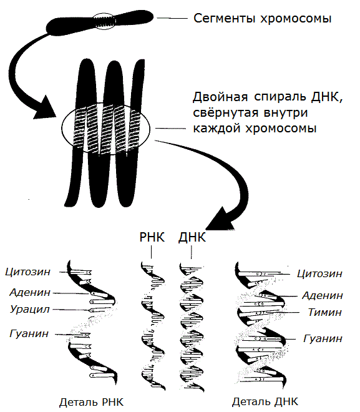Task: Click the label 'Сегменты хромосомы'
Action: (262, 19)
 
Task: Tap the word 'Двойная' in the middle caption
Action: (220, 97)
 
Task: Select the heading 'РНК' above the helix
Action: (152, 237)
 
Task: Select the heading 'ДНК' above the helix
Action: (192, 237)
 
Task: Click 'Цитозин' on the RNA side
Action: (28, 272)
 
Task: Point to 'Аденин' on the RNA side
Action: (30, 292)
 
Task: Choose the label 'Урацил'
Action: (30, 309)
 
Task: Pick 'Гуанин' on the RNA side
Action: (29, 333)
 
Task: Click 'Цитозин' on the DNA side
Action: (320, 274)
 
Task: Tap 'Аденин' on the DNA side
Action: (323, 296)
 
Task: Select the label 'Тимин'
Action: (325, 312)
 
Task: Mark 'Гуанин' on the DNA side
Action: (323, 338)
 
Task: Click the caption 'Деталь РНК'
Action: (91, 402)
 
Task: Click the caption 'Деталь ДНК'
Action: (265, 402)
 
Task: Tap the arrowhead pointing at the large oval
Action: (46, 108)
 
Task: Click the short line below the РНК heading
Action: (152, 252)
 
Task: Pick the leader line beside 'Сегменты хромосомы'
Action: (172, 18)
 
